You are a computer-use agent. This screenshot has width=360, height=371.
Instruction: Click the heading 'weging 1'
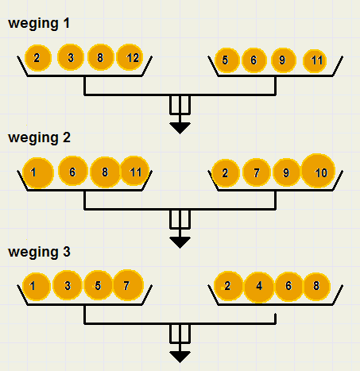tap(39, 24)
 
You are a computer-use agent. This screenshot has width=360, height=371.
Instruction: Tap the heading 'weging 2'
tap(39, 138)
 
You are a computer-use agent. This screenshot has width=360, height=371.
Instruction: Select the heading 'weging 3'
tap(39, 252)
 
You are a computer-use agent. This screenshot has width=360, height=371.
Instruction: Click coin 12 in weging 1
tap(130, 57)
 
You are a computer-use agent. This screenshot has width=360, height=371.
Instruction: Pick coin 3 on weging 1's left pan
tap(71, 57)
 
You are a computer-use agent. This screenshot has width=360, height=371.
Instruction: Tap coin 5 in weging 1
tap(226, 60)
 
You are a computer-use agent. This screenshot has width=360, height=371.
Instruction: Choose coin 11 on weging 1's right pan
tap(315, 61)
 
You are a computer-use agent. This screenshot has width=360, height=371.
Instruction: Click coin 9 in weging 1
tap(283, 60)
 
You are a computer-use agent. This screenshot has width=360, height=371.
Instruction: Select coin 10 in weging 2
tap(318, 171)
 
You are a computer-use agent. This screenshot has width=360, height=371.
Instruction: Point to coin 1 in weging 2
tap(38, 173)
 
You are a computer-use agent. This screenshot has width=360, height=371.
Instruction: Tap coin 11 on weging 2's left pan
tap(135, 171)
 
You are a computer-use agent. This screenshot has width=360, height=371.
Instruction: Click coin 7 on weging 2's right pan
tap(257, 172)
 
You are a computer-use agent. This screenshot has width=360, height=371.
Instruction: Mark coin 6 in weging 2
tap(73, 171)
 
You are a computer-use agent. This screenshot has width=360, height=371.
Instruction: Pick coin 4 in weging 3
tap(259, 287)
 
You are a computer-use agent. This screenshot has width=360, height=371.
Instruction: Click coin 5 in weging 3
tap(99, 285)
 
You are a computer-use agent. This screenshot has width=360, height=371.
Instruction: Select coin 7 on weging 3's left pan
tap(128, 285)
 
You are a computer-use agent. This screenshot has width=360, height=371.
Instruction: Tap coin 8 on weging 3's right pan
tap(316, 286)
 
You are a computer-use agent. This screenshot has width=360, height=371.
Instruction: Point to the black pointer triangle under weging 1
tap(180, 128)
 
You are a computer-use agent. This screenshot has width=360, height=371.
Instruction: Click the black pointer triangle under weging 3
tap(180, 357)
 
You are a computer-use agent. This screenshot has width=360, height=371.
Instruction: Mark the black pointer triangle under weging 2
tap(180, 242)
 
